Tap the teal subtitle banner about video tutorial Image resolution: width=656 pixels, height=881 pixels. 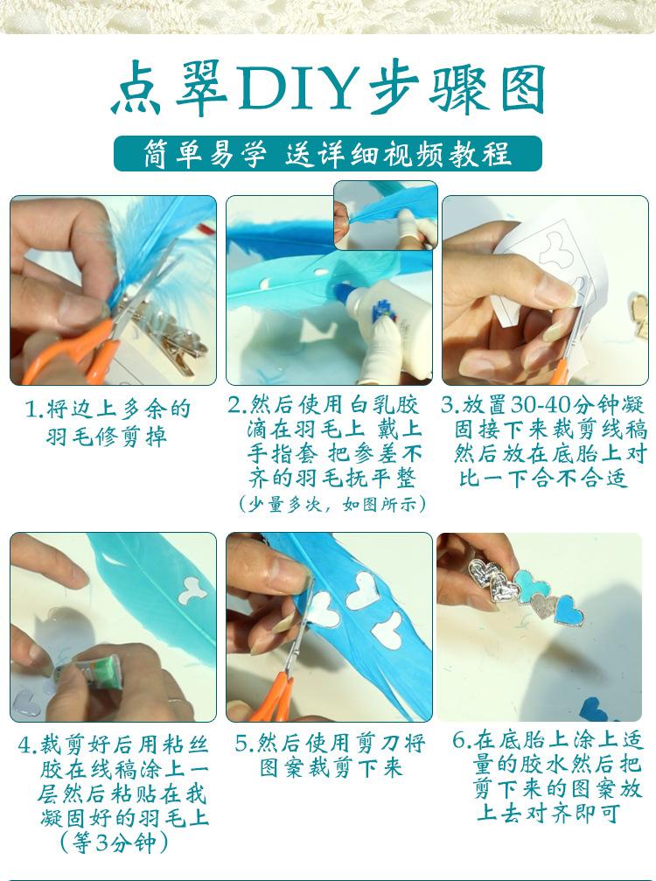pyautogui.click(x=328, y=153)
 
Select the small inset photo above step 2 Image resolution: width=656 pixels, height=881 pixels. pyautogui.click(x=386, y=215)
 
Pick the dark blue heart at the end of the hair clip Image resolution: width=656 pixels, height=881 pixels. pyautogui.click(x=568, y=611)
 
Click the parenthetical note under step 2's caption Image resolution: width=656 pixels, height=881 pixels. pyautogui.click(x=331, y=503)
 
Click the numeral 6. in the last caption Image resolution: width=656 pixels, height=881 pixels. pyautogui.click(x=461, y=740)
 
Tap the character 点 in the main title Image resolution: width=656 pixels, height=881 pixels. pyautogui.click(x=137, y=90)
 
